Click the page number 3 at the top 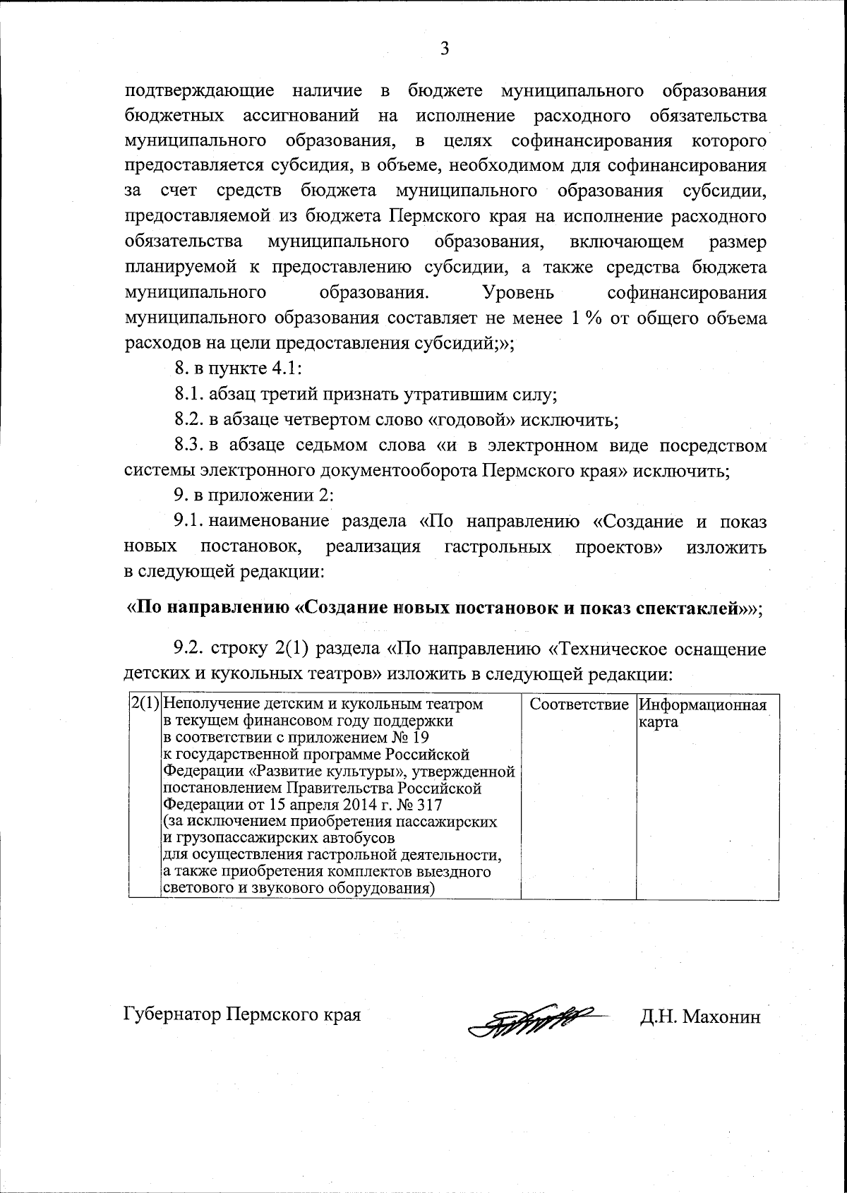click(444, 49)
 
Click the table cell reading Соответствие click(579, 705)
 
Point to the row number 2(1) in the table click(145, 705)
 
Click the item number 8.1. click(189, 394)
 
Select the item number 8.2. click(189, 420)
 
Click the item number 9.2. click(189, 649)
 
